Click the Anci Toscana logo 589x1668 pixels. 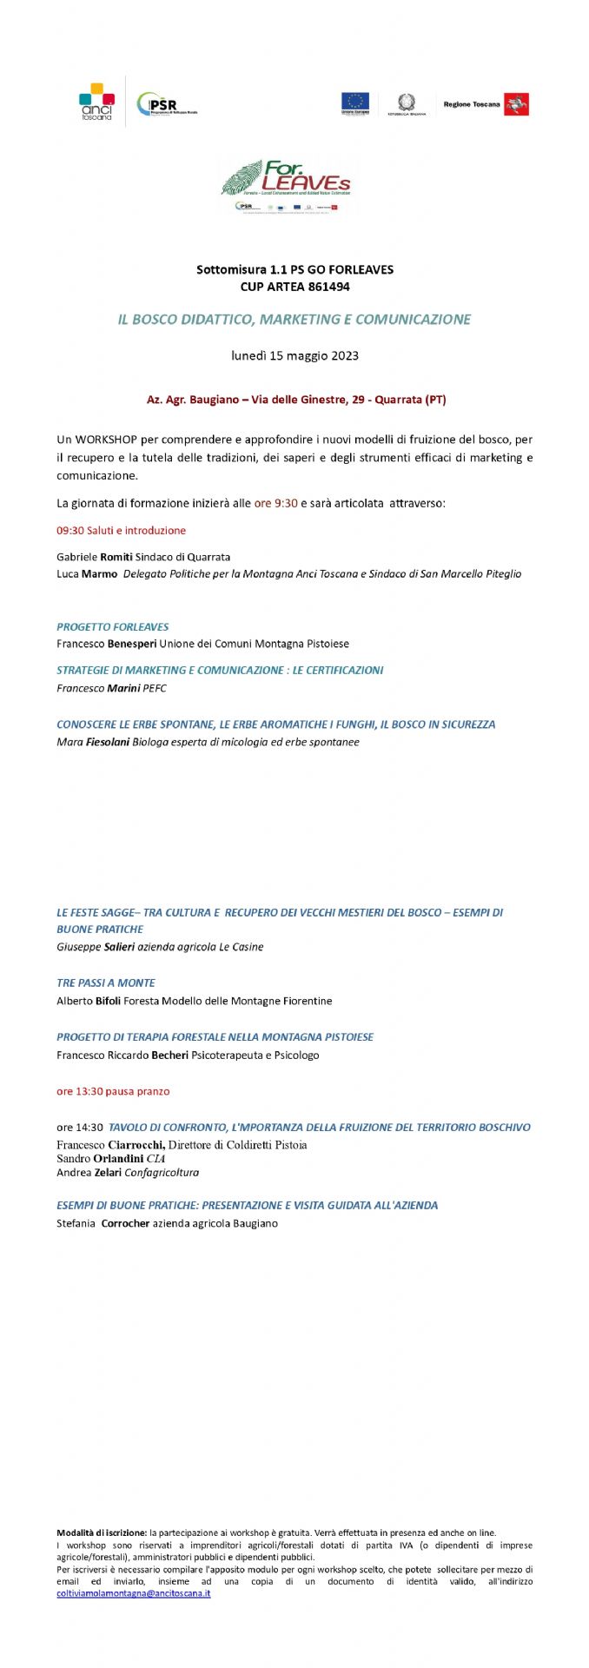point(96,101)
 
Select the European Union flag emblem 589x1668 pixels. point(354,102)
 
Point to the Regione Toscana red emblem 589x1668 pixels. point(517,105)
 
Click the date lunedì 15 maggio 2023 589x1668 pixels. point(294,355)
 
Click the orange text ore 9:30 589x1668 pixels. point(275,503)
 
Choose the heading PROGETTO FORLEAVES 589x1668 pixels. point(113,626)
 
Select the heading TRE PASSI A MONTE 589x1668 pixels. point(106,983)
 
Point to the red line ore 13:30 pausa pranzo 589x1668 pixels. point(113,1091)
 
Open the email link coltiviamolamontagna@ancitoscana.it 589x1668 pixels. point(133,1593)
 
